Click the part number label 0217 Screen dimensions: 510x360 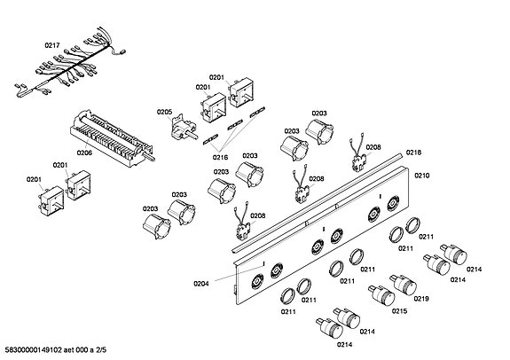(x=52, y=45)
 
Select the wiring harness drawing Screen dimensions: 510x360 (x=70, y=64)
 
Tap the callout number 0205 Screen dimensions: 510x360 (x=164, y=112)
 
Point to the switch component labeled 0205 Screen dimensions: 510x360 (x=183, y=127)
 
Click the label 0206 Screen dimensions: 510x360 (x=84, y=153)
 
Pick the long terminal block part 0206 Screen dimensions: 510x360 (x=113, y=138)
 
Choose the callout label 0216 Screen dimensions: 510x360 (x=220, y=158)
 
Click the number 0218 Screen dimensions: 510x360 (x=413, y=153)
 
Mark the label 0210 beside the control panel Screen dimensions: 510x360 (x=422, y=176)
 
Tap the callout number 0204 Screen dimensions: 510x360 (x=201, y=284)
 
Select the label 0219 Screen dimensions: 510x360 (x=421, y=299)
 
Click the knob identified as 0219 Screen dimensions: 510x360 (x=404, y=285)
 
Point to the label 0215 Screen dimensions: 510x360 (x=399, y=311)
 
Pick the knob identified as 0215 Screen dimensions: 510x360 (x=382, y=295)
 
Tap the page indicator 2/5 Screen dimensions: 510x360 (x=101, y=350)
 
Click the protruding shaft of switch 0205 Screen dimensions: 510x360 (x=193, y=136)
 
